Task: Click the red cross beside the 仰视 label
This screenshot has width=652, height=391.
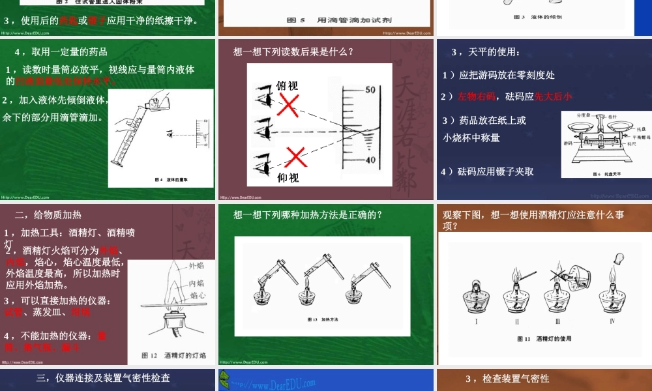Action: (297, 157)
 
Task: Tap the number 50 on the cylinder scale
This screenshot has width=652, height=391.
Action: (370, 90)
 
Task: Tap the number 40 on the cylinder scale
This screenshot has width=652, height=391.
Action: (370, 160)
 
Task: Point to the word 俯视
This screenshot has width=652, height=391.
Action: (288, 85)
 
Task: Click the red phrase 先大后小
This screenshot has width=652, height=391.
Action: (553, 96)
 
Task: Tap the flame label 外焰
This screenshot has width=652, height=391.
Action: (196, 265)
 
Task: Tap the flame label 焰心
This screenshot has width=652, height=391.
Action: (198, 295)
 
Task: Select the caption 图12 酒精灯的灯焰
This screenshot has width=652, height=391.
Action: (173, 355)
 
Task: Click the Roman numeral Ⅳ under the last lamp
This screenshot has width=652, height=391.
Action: (612, 321)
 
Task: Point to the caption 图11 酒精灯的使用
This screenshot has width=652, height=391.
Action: (544, 339)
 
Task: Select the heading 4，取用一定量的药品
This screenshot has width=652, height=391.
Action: (61, 52)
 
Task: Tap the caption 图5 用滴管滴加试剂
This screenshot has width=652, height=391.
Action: (324, 20)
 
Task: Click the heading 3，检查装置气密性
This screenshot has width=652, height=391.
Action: (507, 379)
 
